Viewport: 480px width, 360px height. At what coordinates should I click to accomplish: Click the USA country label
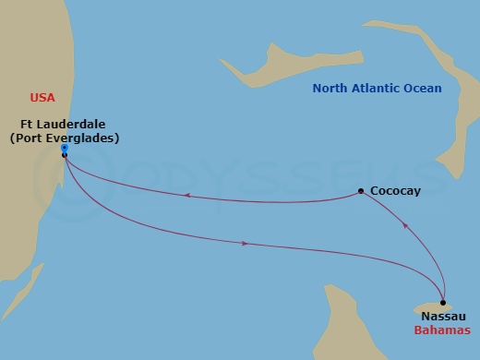[42, 97]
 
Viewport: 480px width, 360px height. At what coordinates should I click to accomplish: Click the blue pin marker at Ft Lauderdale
[63, 148]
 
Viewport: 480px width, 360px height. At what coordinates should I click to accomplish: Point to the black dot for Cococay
[361, 192]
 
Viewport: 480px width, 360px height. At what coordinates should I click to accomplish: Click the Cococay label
[396, 192]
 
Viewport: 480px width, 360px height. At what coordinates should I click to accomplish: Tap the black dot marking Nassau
[443, 303]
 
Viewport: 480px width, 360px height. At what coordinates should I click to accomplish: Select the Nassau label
[442, 317]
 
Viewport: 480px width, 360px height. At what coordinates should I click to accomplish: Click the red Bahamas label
[442, 330]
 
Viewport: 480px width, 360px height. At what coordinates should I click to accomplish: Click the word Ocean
[426, 89]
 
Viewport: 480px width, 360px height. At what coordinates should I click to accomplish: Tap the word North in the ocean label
[331, 89]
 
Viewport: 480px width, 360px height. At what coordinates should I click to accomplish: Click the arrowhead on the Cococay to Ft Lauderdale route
[186, 195]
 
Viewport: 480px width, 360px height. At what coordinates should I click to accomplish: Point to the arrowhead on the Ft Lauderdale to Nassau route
[244, 244]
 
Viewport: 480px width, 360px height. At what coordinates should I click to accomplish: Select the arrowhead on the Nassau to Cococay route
[403, 224]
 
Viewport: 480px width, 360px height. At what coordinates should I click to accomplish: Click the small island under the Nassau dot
[428, 306]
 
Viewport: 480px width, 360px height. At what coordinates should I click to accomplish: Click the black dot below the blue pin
[64, 155]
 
